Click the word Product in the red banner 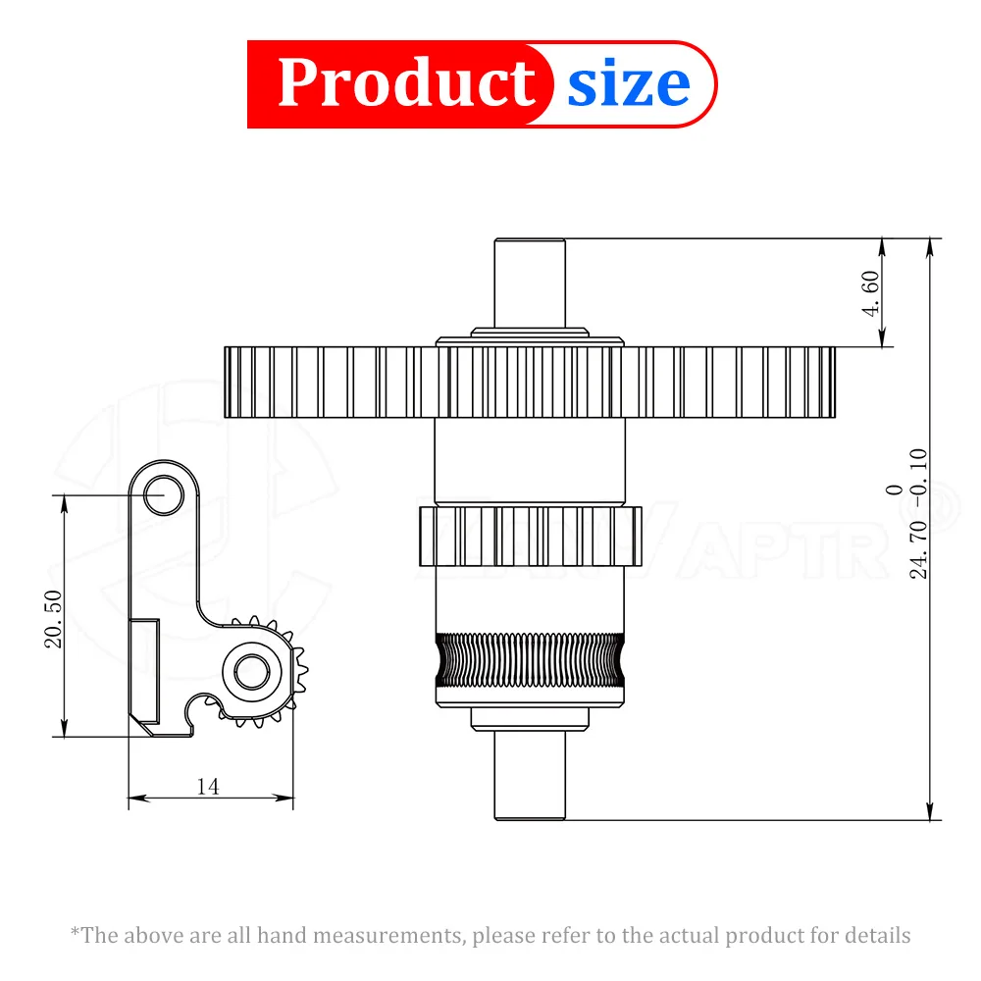[405, 83]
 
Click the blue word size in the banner [628, 84]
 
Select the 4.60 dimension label [870, 292]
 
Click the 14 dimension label [207, 786]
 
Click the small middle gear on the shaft [530, 537]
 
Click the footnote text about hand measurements [490, 935]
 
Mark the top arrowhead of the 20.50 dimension [64, 501]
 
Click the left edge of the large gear [228, 383]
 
